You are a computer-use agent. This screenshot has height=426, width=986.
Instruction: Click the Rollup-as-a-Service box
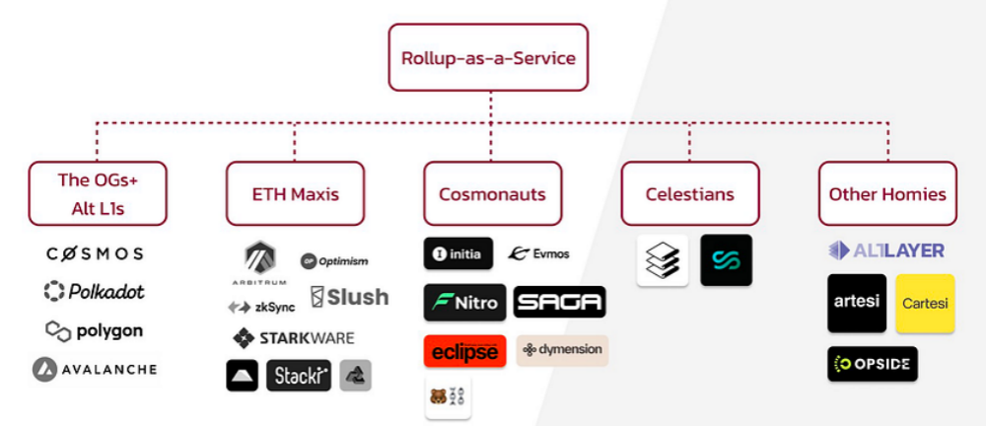tap(488, 57)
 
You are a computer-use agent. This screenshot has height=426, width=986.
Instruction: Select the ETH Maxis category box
tap(295, 193)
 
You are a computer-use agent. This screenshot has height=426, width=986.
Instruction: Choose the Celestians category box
tap(689, 193)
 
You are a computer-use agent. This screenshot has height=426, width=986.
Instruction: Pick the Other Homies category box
tap(886, 193)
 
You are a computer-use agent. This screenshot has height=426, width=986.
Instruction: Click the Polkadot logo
tap(94, 291)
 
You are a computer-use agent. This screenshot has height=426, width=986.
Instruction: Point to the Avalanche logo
tap(94, 370)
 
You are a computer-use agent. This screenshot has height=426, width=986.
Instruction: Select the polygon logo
tap(94, 330)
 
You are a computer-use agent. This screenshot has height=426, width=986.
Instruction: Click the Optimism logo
tap(334, 261)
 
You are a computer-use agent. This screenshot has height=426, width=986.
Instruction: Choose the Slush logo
tap(349, 297)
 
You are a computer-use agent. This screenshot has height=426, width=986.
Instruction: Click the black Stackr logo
tap(298, 376)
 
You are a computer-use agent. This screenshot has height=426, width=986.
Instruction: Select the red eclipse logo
tap(464, 351)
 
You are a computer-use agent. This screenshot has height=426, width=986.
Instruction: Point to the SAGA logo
tap(559, 302)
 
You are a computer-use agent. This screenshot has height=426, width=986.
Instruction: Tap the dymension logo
tap(562, 350)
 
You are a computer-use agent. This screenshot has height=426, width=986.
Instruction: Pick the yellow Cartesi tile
tap(925, 303)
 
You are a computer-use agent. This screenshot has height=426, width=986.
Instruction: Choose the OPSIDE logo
tap(873, 364)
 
